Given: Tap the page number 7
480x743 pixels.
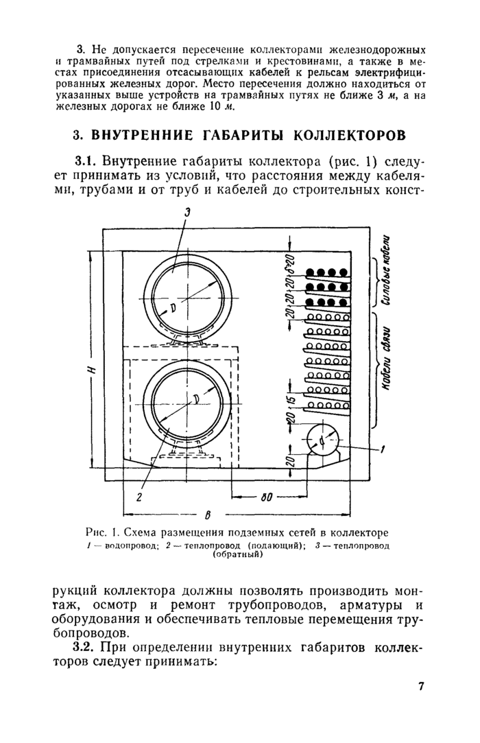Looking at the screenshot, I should [421, 687].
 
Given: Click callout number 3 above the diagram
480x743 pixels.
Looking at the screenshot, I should [186, 214].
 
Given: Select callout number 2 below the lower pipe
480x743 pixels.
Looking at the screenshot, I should [139, 497].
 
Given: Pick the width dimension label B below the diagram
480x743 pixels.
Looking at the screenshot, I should [207, 514].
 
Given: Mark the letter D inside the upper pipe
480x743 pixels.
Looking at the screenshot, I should [173, 307].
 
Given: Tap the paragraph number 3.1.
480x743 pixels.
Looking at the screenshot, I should [87, 162].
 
